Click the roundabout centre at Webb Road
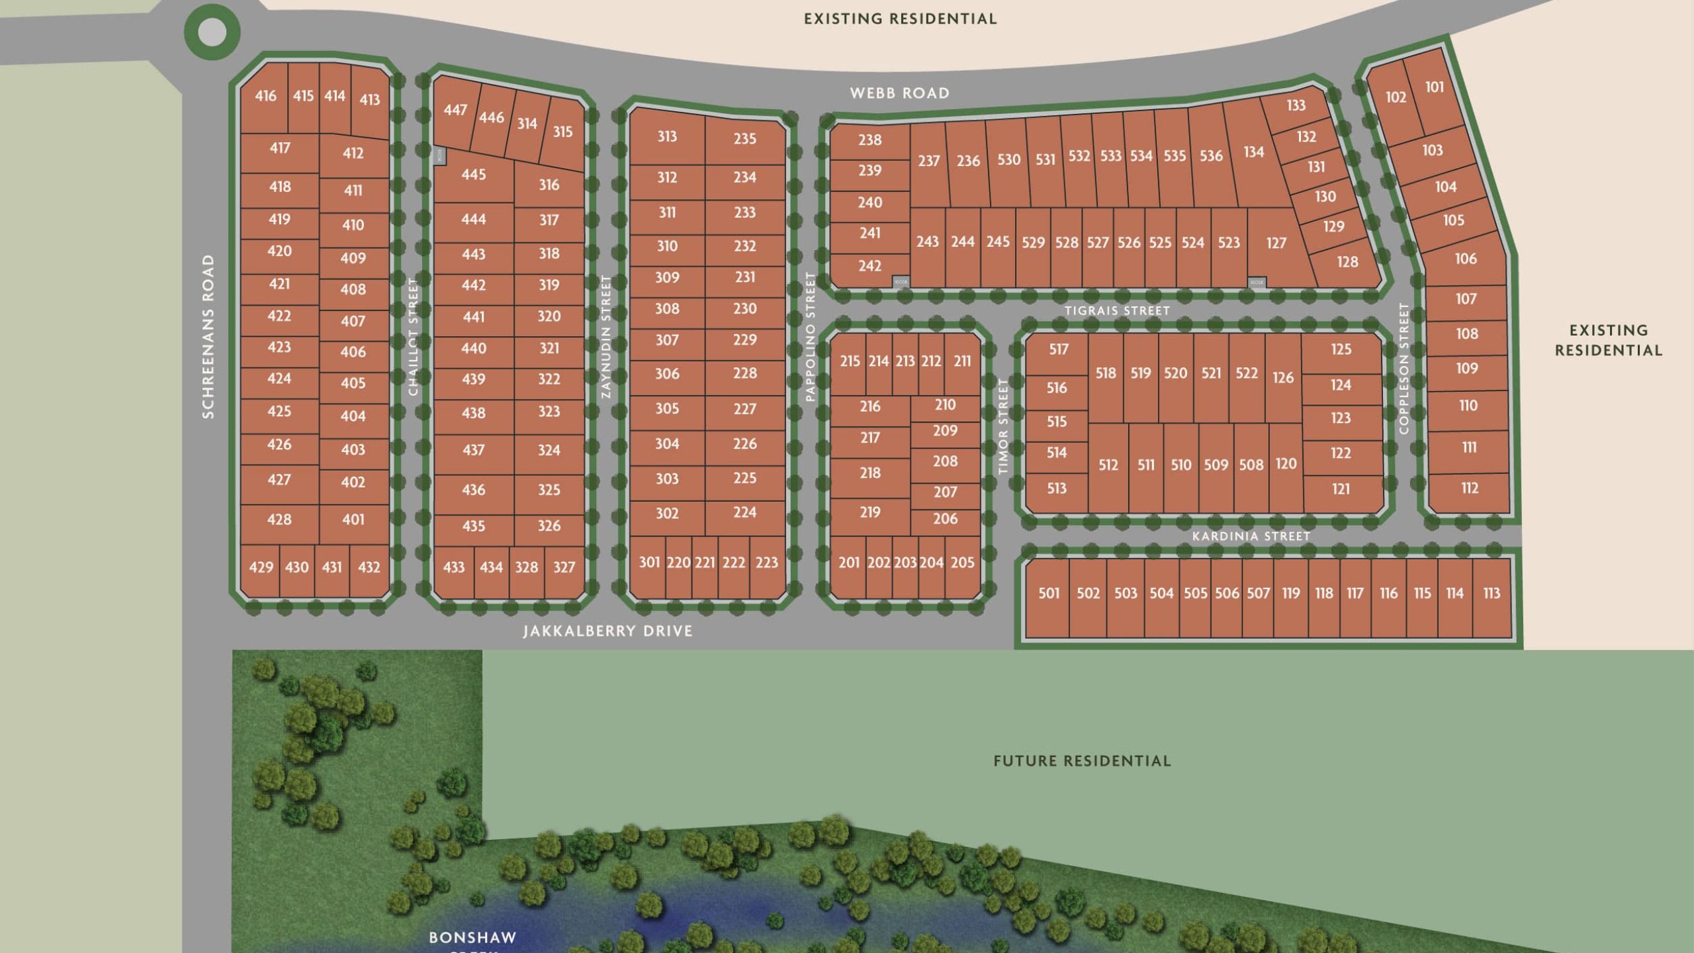(x=212, y=32)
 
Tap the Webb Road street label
(x=899, y=93)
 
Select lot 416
(x=265, y=96)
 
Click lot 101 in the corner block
(x=1434, y=87)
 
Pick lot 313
(x=666, y=136)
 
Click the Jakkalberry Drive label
(x=607, y=631)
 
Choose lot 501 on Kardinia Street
(x=1049, y=594)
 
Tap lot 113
(x=1492, y=594)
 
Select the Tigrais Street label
(x=1117, y=310)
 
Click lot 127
(x=1276, y=244)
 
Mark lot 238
(x=869, y=140)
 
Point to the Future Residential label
(x=1082, y=761)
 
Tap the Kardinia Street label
(x=1251, y=536)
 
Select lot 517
(x=1058, y=349)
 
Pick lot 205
(x=962, y=563)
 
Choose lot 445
(x=473, y=175)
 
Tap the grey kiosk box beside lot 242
(x=901, y=281)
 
